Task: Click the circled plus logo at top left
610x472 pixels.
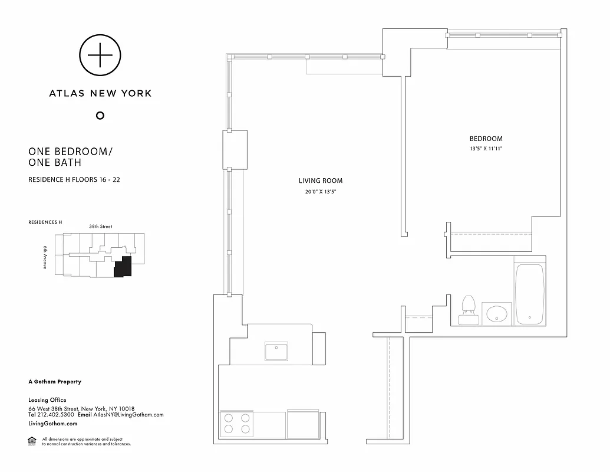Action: [100, 55]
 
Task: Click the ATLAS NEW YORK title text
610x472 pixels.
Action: [100, 93]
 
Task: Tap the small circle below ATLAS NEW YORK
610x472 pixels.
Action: [100, 115]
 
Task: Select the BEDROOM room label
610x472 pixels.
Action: [486, 139]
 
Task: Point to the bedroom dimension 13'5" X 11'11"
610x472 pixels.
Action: [486, 149]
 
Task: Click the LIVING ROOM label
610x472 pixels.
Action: [321, 181]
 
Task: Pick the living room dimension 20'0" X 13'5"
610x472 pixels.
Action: [321, 192]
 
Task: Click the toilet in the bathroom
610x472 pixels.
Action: [469, 310]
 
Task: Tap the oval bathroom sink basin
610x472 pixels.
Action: [497, 314]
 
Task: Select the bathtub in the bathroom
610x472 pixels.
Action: [529, 294]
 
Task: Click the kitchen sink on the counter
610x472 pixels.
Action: [276, 352]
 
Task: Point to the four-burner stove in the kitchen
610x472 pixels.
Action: [236, 424]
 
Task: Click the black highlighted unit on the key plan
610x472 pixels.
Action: [123, 267]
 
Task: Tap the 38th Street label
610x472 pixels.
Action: [100, 227]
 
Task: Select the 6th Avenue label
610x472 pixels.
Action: [45, 257]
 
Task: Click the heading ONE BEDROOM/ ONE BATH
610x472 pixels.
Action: [70, 156]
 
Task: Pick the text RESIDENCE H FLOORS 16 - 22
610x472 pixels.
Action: [74, 179]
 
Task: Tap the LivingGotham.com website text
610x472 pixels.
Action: [52, 424]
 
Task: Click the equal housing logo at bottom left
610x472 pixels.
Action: [32, 441]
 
